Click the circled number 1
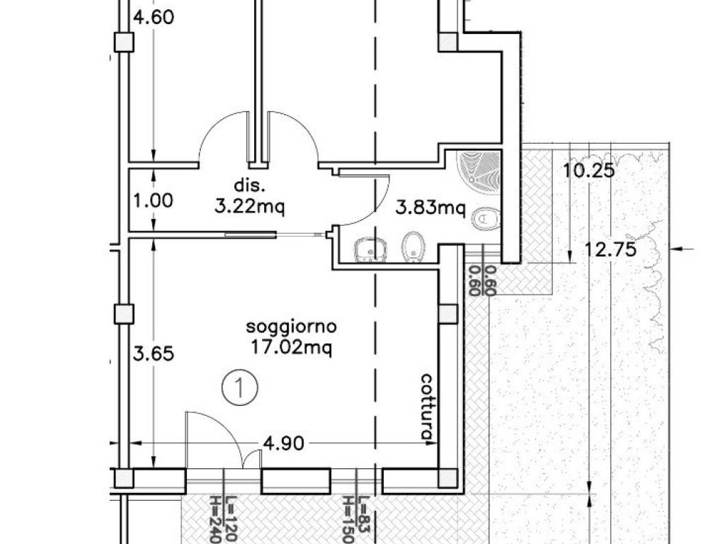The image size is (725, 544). (239, 387)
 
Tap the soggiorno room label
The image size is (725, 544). (291, 327)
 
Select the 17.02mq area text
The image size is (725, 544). (291, 347)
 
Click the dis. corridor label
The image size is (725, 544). (250, 186)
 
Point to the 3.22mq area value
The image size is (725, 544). (250, 206)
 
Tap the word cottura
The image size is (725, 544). (427, 407)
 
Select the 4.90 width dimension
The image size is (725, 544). (283, 443)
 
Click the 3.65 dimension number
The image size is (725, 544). (154, 354)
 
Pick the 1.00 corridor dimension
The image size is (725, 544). (153, 200)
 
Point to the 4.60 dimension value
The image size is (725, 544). (154, 17)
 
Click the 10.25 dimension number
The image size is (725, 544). (588, 171)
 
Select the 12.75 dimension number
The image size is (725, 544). (610, 250)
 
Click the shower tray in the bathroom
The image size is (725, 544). (479, 167)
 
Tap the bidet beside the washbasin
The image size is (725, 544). (412, 247)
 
